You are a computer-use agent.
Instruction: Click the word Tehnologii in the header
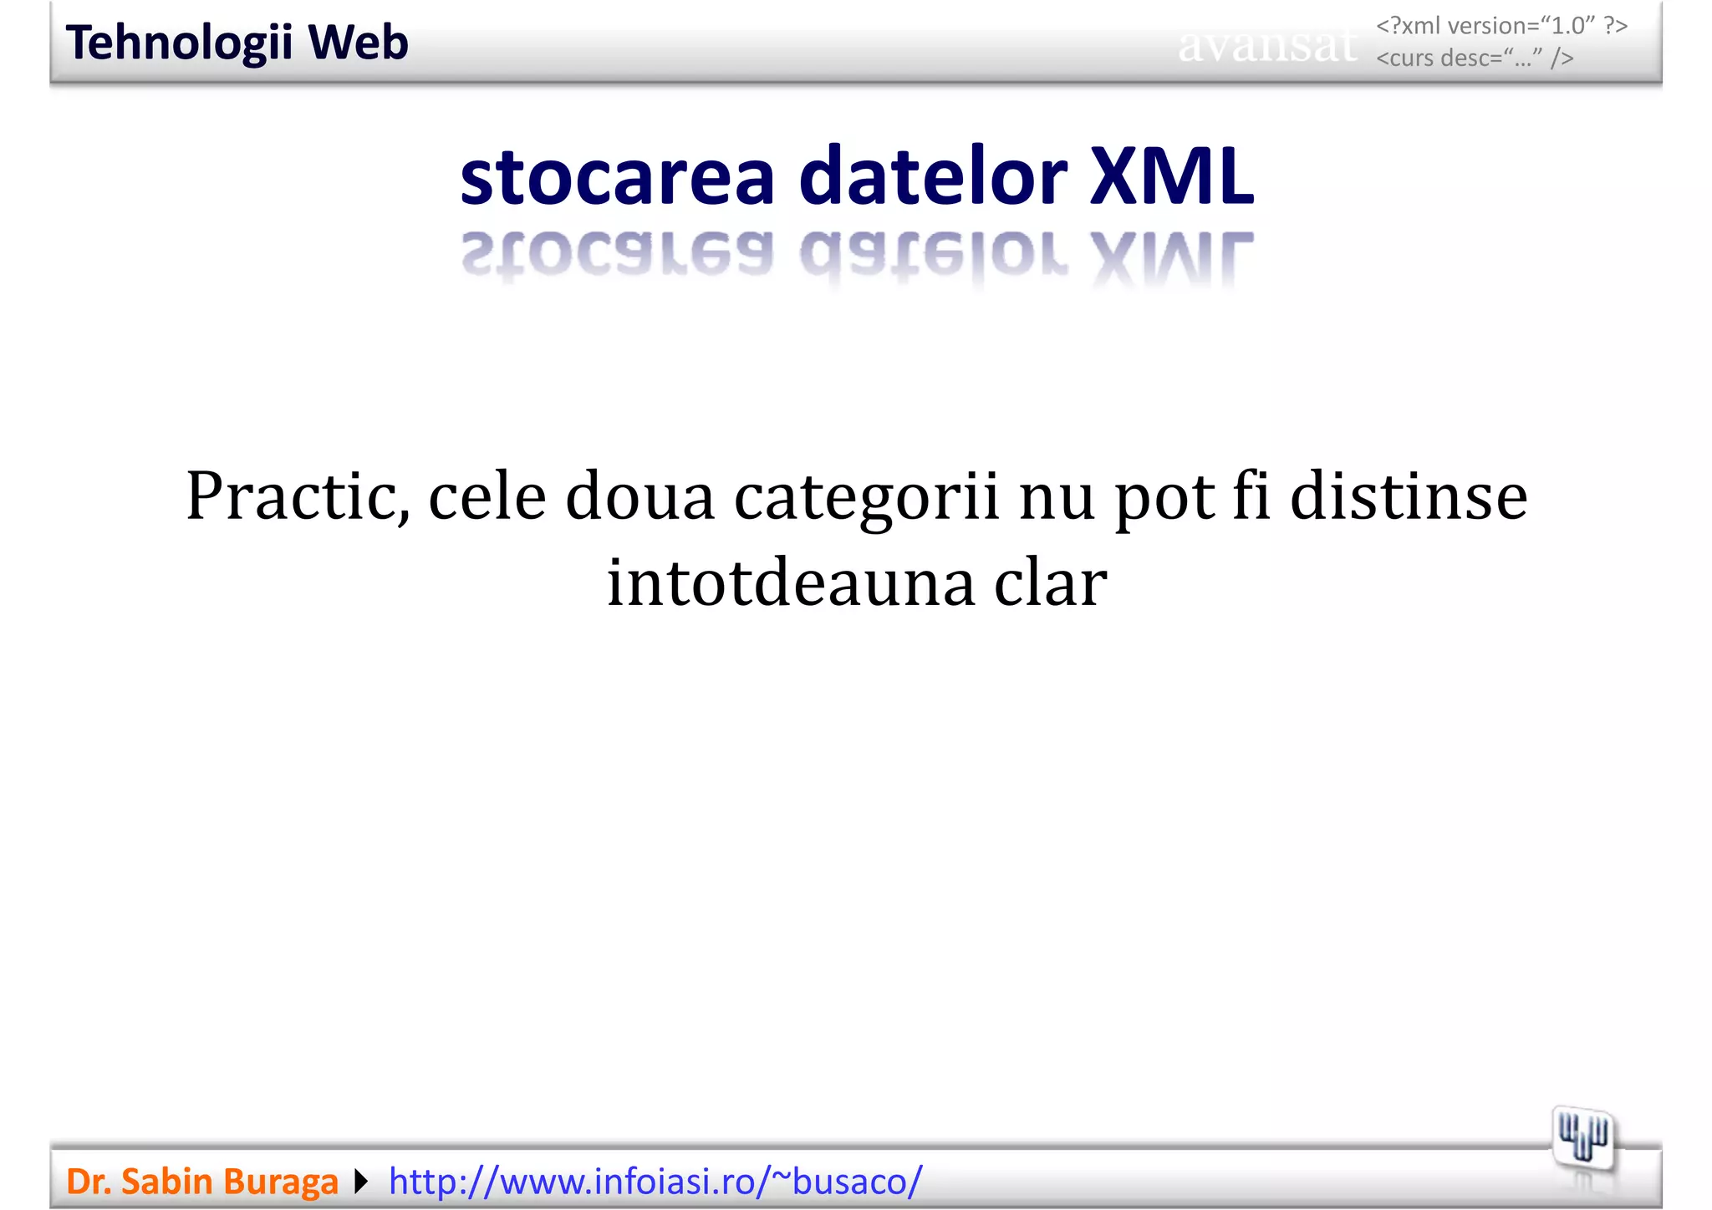179,43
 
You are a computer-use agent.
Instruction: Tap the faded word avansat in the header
1266,45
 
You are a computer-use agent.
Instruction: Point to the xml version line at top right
1501,26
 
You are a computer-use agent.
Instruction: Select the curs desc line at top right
1475,58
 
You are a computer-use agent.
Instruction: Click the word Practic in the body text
298,496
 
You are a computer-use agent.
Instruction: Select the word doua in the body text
640,496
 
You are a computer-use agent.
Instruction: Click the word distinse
1409,496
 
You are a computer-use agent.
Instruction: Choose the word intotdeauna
791,582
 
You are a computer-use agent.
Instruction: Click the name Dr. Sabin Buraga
201,1182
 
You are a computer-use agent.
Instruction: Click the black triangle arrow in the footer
361,1182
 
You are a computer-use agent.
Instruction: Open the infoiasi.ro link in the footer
655,1182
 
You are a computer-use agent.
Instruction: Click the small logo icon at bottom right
1582,1137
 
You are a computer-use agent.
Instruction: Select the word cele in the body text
487,496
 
